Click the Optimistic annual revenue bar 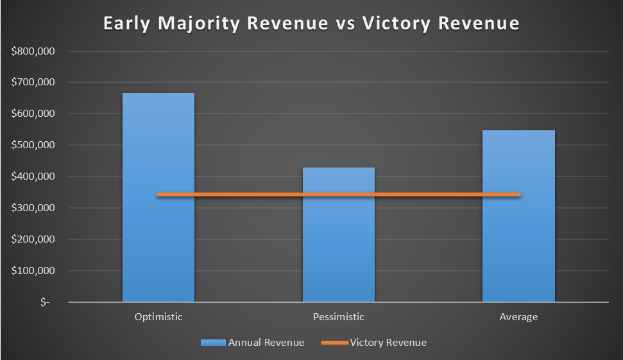(158, 198)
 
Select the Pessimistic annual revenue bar (339, 234)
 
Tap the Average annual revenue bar (518, 216)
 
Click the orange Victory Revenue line (339, 194)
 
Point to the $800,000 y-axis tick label (33, 51)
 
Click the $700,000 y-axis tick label (33, 82)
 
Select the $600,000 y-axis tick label (33, 114)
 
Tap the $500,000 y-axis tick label (33, 145)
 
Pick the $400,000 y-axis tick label (33, 176)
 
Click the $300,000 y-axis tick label (33, 208)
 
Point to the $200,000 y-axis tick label (33, 239)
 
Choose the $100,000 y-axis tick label (33, 271)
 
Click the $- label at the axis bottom (45, 302)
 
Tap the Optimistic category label (158, 317)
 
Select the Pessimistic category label (339, 317)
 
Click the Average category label (518, 317)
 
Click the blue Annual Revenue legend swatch (214, 343)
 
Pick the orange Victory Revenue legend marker (335, 343)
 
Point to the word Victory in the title (396, 24)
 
